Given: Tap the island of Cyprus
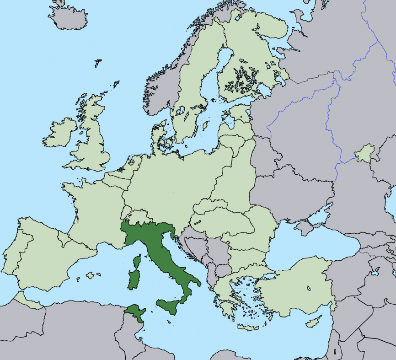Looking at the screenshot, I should (x=313, y=323).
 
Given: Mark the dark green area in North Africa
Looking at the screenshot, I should (x=134, y=313).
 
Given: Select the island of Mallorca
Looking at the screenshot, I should (x=90, y=275).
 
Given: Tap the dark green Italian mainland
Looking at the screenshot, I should (x=158, y=247).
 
